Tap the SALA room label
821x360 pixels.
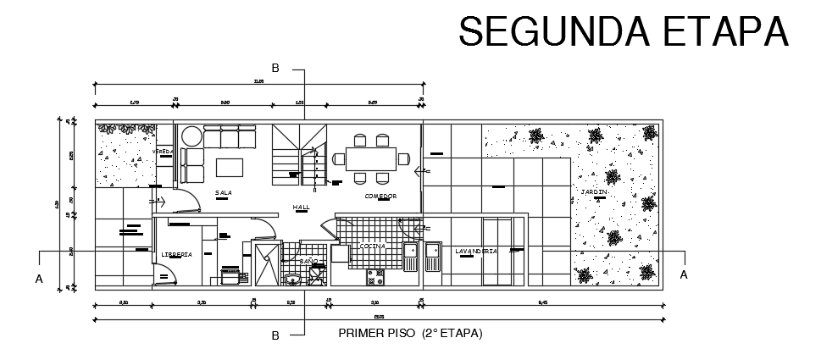click(224, 193)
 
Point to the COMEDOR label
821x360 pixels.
click(380, 196)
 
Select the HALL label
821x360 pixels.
click(301, 207)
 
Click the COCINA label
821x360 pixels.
click(372, 246)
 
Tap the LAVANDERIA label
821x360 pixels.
click(475, 252)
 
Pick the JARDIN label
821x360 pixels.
click(594, 192)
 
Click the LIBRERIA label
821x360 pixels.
click(176, 254)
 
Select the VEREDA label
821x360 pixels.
click(163, 152)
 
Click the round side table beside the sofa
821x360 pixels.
click(191, 136)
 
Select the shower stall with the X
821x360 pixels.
click(265, 265)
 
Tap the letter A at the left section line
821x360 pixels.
click(38, 278)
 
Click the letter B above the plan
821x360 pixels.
click(275, 68)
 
